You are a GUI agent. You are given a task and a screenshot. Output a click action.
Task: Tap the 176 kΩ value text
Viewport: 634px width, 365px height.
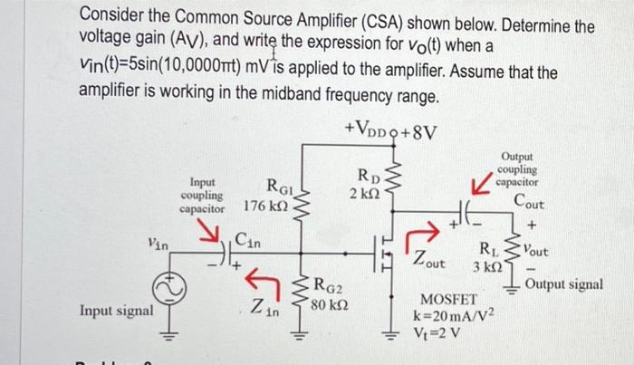(x=265, y=207)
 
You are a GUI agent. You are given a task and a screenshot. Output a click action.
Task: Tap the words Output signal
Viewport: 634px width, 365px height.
(x=564, y=284)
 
